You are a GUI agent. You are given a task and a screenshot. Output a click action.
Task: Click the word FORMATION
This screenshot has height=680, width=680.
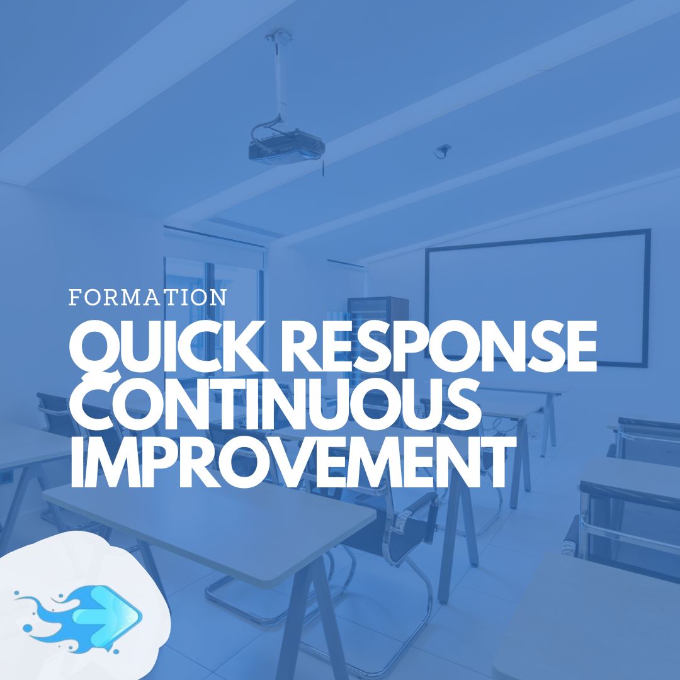[148, 297]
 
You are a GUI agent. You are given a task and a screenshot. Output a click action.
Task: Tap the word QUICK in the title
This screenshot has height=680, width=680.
[167, 348]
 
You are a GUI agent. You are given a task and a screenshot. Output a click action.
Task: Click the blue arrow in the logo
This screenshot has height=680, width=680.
[107, 614]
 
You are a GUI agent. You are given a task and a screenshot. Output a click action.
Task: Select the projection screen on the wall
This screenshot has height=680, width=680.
[538, 298]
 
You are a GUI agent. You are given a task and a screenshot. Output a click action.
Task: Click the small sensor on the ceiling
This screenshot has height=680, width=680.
[443, 150]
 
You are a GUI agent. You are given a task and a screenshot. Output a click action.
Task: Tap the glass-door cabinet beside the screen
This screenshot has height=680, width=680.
[377, 334]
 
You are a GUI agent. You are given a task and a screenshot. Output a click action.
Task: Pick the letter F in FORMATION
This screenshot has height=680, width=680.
[75, 297]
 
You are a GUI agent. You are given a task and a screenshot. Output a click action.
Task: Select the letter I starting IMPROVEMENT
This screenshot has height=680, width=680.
[77, 462]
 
